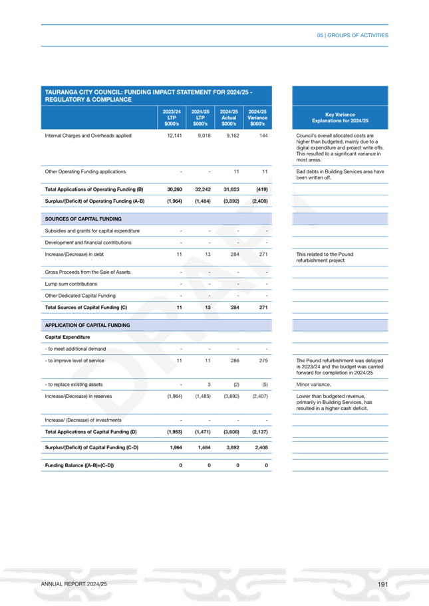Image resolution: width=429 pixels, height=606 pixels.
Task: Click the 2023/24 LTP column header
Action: tap(170, 118)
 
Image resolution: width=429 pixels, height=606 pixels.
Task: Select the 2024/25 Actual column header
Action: tap(229, 118)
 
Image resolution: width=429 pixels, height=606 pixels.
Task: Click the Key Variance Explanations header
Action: tap(340, 118)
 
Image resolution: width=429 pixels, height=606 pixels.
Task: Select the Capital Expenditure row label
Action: tap(63, 338)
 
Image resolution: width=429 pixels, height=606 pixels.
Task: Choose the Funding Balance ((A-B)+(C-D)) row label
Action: tap(79, 464)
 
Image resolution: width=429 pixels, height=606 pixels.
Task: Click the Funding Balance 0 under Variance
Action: tap(266, 464)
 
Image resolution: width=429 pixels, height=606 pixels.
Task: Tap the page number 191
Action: tap(382, 583)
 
